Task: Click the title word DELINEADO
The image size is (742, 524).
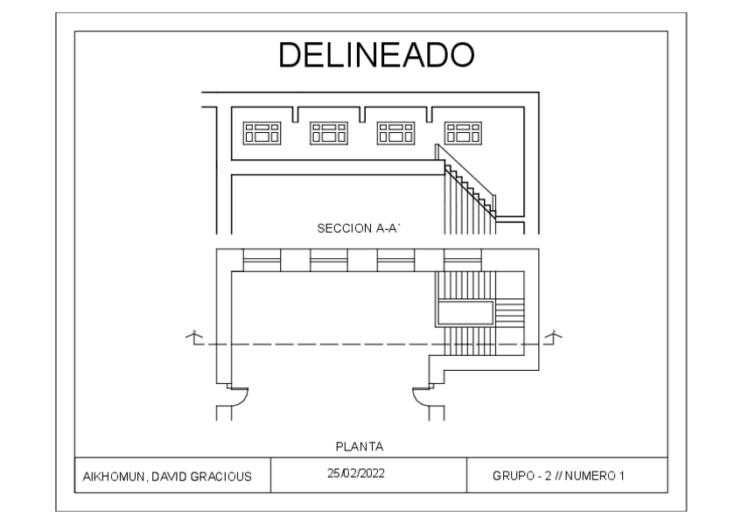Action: (376, 55)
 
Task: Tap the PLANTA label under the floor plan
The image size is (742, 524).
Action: (360, 446)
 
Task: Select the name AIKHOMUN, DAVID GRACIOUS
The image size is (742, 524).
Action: (167, 477)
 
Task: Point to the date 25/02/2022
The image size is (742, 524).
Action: (356, 473)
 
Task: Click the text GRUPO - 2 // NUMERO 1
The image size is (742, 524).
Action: (559, 477)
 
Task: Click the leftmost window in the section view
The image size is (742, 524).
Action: (262, 132)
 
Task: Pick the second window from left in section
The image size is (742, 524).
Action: (329, 132)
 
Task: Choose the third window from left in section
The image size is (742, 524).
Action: (395, 132)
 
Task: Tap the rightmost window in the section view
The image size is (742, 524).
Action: (463, 132)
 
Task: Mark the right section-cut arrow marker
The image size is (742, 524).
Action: (554, 337)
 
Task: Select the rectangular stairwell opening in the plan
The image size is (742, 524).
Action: (466, 312)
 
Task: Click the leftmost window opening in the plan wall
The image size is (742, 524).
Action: (262, 260)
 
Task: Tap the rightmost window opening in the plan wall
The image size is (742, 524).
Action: (463, 260)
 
